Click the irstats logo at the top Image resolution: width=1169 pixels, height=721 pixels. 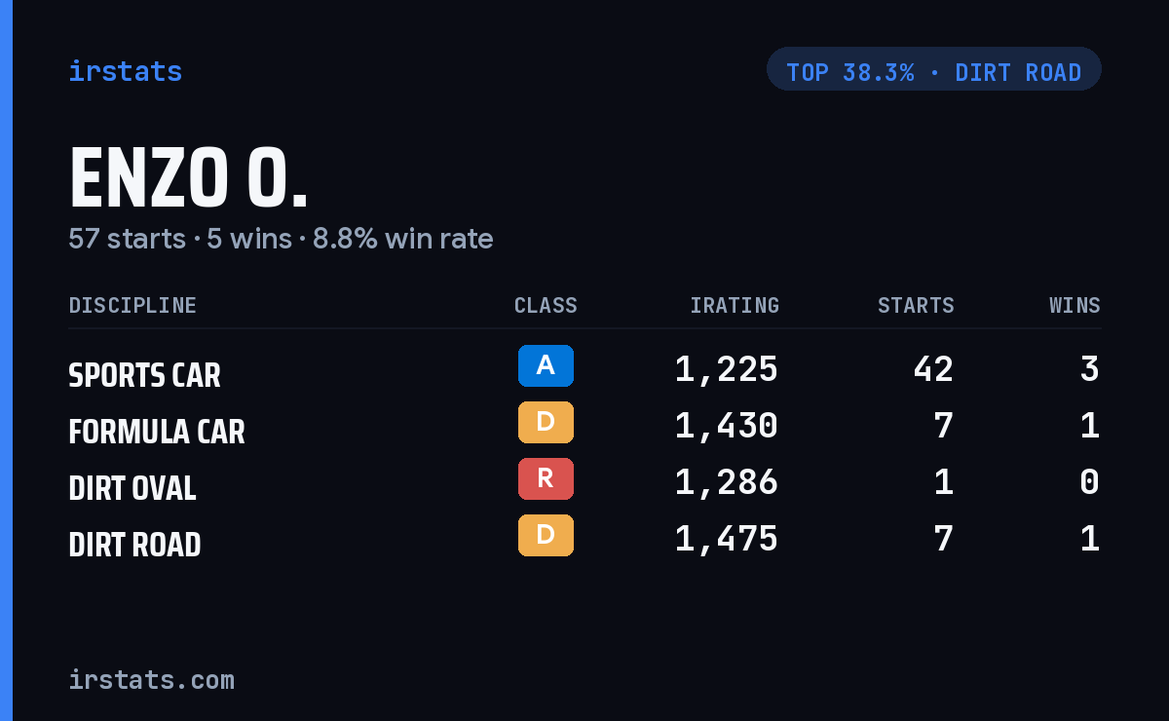(x=126, y=71)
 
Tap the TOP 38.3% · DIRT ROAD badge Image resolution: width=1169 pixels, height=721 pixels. (x=933, y=69)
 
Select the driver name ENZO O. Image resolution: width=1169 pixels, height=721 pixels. (x=188, y=177)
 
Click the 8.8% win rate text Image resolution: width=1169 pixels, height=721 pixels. (x=402, y=239)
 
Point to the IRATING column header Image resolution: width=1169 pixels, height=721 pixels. (x=735, y=305)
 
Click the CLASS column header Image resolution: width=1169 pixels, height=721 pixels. (x=546, y=305)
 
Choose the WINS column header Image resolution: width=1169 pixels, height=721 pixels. (x=1075, y=305)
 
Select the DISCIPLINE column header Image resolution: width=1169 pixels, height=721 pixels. (x=132, y=305)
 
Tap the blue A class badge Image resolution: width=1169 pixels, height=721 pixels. (x=546, y=365)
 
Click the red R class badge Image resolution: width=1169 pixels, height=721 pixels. (x=546, y=478)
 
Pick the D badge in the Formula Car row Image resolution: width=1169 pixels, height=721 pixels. (x=546, y=422)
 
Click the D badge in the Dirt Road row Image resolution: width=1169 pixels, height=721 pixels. (x=546, y=535)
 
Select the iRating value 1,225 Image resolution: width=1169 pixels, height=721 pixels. (x=727, y=370)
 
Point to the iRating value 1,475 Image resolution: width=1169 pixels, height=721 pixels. (x=727, y=540)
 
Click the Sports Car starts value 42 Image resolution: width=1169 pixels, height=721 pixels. (x=933, y=369)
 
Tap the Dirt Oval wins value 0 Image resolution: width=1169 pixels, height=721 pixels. (x=1090, y=482)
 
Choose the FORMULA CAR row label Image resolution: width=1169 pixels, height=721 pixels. (x=157, y=432)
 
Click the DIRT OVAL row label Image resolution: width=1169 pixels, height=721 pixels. (x=132, y=488)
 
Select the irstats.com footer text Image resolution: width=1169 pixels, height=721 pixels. (x=151, y=680)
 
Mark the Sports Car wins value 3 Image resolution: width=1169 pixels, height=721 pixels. (x=1090, y=369)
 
